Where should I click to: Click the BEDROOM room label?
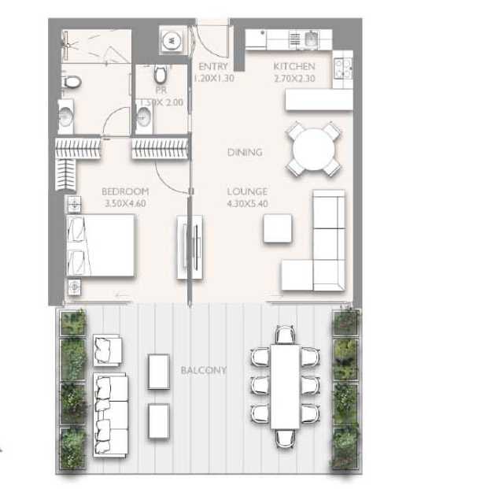[x=125, y=191]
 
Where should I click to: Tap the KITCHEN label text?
[x=293, y=67]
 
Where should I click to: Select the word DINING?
[x=245, y=152]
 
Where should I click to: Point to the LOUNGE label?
[x=247, y=191]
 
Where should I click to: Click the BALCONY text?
[x=203, y=370]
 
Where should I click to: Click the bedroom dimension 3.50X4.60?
[x=126, y=203]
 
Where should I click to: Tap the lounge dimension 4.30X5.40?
[x=247, y=203]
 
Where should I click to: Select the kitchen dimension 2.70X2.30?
[x=293, y=79]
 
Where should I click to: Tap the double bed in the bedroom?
[x=102, y=246]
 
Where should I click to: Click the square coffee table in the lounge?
[x=276, y=228]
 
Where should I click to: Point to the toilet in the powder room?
[x=161, y=75]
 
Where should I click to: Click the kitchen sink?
[x=309, y=38]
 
